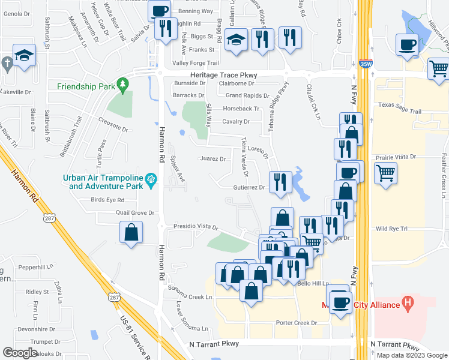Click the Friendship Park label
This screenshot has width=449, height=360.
coord(85,86)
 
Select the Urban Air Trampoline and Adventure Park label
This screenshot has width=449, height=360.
coord(104,182)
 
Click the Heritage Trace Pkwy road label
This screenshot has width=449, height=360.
coord(223,74)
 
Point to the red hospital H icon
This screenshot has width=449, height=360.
coord(408,305)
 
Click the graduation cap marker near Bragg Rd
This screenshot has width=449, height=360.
coord(237,41)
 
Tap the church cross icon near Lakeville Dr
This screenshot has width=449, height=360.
coord(6,63)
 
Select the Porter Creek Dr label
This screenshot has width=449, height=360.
coord(296,323)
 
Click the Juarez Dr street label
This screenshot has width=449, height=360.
coord(212,160)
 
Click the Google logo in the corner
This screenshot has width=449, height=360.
coord(20,352)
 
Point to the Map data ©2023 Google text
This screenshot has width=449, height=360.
coord(411,355)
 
